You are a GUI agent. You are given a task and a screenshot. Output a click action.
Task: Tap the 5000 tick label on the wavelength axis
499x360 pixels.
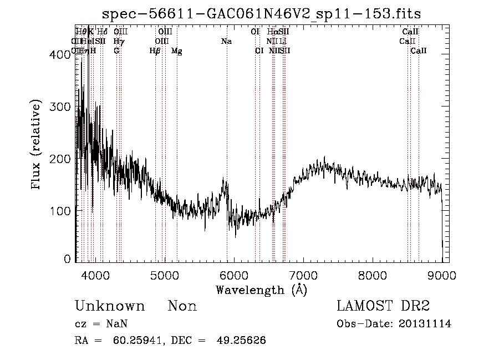[x=164, y=275]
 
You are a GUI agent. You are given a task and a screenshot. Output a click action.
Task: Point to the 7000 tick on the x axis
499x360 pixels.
[x=303, y=275]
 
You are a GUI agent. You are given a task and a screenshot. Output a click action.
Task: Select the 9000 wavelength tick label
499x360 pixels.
[x=442, y=275]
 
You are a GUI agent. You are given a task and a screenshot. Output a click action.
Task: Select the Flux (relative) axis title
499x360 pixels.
[x=37, y=145]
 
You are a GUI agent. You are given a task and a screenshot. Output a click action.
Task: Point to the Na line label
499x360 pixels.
[x=226, y=42]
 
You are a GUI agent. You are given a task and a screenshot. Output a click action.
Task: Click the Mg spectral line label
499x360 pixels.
[x=176, y=51]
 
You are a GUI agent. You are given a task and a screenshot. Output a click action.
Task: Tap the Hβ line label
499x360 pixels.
[x=155, y=51]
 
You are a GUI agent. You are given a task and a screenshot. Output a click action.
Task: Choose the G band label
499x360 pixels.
[x=116, y=51]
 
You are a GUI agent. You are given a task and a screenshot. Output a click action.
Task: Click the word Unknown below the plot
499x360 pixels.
[x=110, y=306]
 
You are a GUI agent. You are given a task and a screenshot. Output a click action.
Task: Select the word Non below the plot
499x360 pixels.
[x=182, y=306]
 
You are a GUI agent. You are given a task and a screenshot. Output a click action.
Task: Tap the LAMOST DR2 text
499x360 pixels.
[x=383, y=306]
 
